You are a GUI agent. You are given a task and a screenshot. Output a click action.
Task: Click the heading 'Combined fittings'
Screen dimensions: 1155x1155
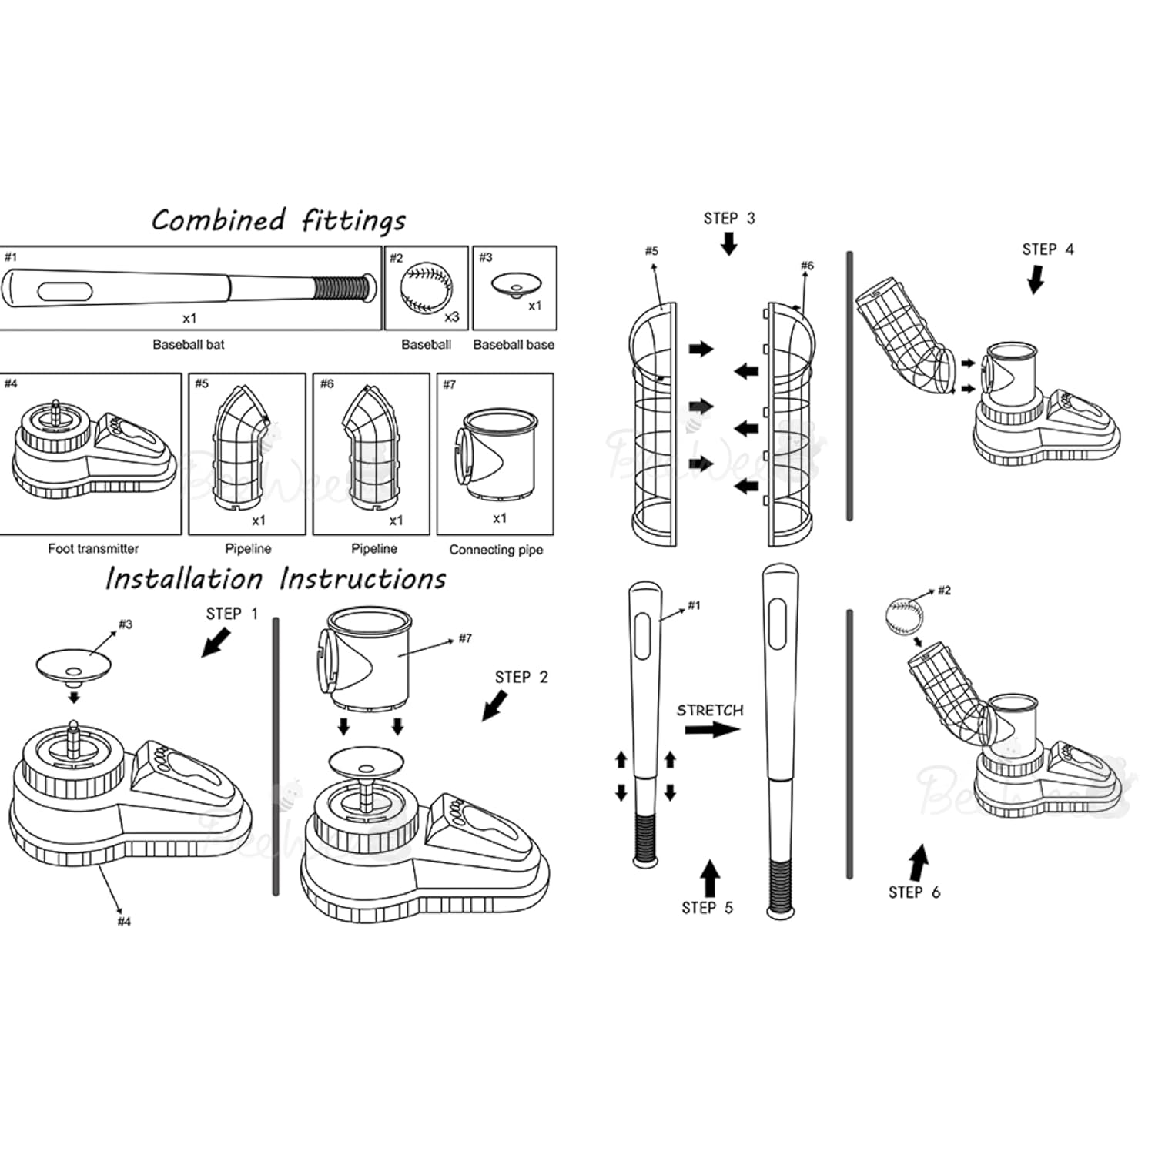pyautogui.click(x=279, y=221)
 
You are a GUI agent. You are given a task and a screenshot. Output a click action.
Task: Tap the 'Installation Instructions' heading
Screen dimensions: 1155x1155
pyautogui.click(x=276, y=579)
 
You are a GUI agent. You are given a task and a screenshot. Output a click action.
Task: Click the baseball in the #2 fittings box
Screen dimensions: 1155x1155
pyautogui.click(x=426, y=290)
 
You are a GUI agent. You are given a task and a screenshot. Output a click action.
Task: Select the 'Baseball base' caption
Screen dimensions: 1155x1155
pyautogui.click(x=514, y=345)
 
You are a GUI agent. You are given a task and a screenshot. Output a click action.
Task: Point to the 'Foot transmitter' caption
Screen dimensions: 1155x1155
pyautogui.click(x=93, y=549)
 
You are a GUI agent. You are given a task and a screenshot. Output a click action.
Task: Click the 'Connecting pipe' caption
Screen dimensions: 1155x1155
pyautogui.click(x=496, y=550)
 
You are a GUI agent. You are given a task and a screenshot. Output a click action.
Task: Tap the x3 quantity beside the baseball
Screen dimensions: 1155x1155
pyautogui.click(x=452, y=317)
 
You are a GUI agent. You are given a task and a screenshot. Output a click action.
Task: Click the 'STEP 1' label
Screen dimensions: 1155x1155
pyautogui.click(x=232, y=614)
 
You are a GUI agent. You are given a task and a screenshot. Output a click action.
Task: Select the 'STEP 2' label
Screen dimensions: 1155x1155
pyautogui.click(x=521, y=678)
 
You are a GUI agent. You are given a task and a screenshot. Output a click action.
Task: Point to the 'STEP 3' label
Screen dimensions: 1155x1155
pyautogui.click(x=729, y=219)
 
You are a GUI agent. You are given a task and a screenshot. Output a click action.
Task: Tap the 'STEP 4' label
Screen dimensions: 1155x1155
pyautogui.click(x=1047, y=249)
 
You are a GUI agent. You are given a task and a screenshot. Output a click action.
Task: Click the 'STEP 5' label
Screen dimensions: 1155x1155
pyautogui.click(x=707, y=909)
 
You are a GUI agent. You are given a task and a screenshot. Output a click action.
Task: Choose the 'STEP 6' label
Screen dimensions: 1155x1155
pyautogui.click(x=914, y=892)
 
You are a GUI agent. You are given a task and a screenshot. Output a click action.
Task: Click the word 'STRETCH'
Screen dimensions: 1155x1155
pyautogui.click(x=710, y=711)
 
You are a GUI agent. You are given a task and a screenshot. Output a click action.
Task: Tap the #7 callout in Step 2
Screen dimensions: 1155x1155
pyautogui.click(x=465, y=638)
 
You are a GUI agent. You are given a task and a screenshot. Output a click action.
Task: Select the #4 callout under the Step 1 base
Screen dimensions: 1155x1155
pyautogui.click(x=124, y=922)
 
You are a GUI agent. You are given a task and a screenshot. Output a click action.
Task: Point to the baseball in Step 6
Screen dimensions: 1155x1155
pyautogui.click(x=904, y=617)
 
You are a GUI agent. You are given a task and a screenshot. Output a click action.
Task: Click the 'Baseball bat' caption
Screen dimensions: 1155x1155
pyautogui.click(x=189, y=345)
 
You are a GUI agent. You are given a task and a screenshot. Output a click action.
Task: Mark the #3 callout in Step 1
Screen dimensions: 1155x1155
pyautogui.click(x=126, y=624)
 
